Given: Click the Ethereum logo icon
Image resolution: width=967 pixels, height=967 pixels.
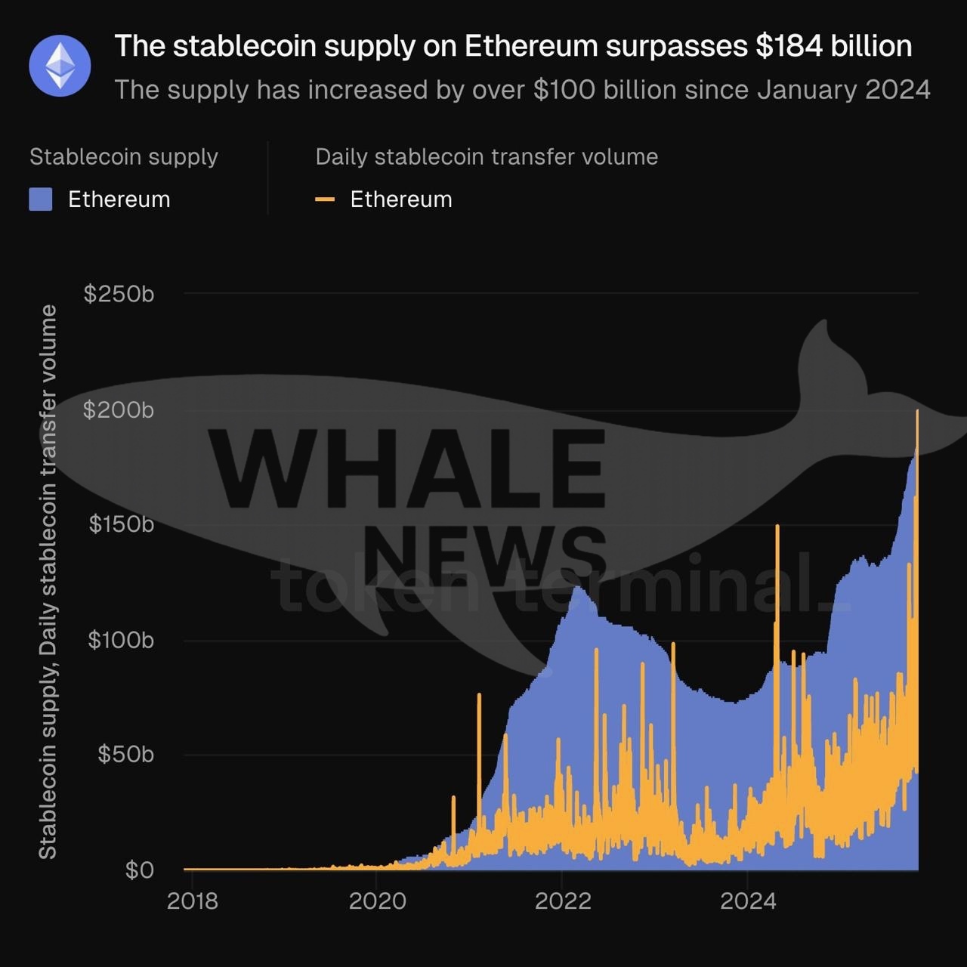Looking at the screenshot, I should (x=60, y=66).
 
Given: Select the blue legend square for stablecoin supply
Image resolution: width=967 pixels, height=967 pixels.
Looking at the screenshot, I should (x=41, y=199).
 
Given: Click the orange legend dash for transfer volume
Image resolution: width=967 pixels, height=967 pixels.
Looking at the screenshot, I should (x=325, y=199).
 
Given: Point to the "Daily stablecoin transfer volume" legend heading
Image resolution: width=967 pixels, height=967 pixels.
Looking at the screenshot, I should (x=487, y=157).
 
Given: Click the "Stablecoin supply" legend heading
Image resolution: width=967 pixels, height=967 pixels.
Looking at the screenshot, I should (x=124, y=157).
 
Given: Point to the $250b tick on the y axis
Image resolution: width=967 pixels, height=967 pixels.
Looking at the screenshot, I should (x=119, y=294).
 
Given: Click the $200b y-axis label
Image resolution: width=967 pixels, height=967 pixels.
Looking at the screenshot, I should (x=119, y=410).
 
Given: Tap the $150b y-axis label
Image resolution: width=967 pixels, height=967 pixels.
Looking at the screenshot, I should (x=121, y=524).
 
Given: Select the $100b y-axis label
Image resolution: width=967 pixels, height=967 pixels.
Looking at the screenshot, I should (x=121, y=641).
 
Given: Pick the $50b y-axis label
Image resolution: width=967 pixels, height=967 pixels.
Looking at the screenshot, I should (x=125, y=754).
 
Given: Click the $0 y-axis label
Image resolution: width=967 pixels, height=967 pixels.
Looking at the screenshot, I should (x=140, y=870).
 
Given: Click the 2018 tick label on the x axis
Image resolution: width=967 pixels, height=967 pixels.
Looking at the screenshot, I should (x=192, y=901).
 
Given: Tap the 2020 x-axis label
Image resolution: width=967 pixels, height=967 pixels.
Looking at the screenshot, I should (x=377, y=901).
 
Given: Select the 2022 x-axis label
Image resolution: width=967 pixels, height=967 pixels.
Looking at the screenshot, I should (x=562, y=901).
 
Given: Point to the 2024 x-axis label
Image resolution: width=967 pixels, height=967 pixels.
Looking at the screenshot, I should (x=748, y=901).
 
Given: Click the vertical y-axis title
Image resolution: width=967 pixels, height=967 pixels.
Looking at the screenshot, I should (x=48, y=582).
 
